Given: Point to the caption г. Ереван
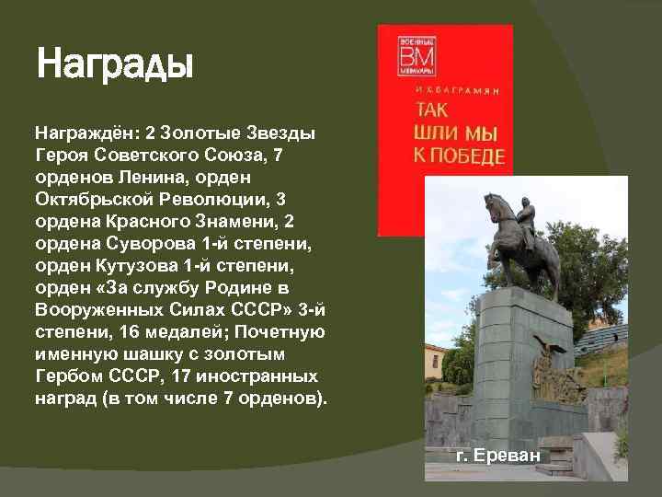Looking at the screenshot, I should (x=499, y=455).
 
